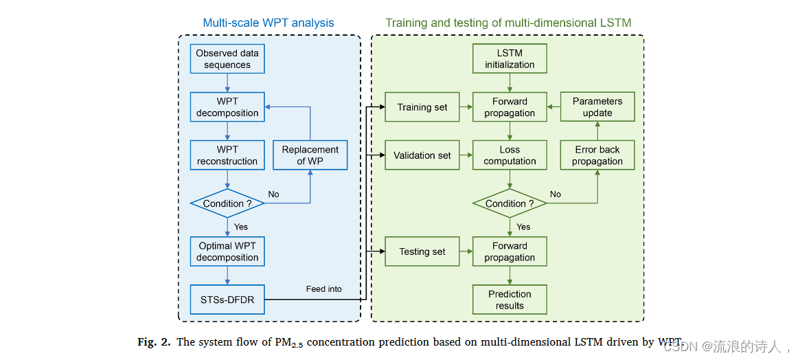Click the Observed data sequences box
coord(227,59)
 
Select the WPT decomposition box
coord(227,107)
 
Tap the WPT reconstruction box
coord(227,155)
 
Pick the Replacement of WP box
coord(310,155)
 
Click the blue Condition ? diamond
coord(227,203)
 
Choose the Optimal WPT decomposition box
coord(227,251)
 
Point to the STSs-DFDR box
coord(227,300)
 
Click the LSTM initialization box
coord(510,59)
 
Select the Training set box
coord(422,107)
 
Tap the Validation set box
coord(422,155)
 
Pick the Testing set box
coord(422,251)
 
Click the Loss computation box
coord(510,155)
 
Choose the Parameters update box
coord(597,107)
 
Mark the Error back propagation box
coord(597,155)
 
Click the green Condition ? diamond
coord(510,203)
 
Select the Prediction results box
coord(510,300)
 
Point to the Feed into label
coord(323,289)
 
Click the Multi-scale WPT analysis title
coord(268,23)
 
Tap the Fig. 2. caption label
coord(153,342)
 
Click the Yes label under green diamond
coord(523,227)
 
